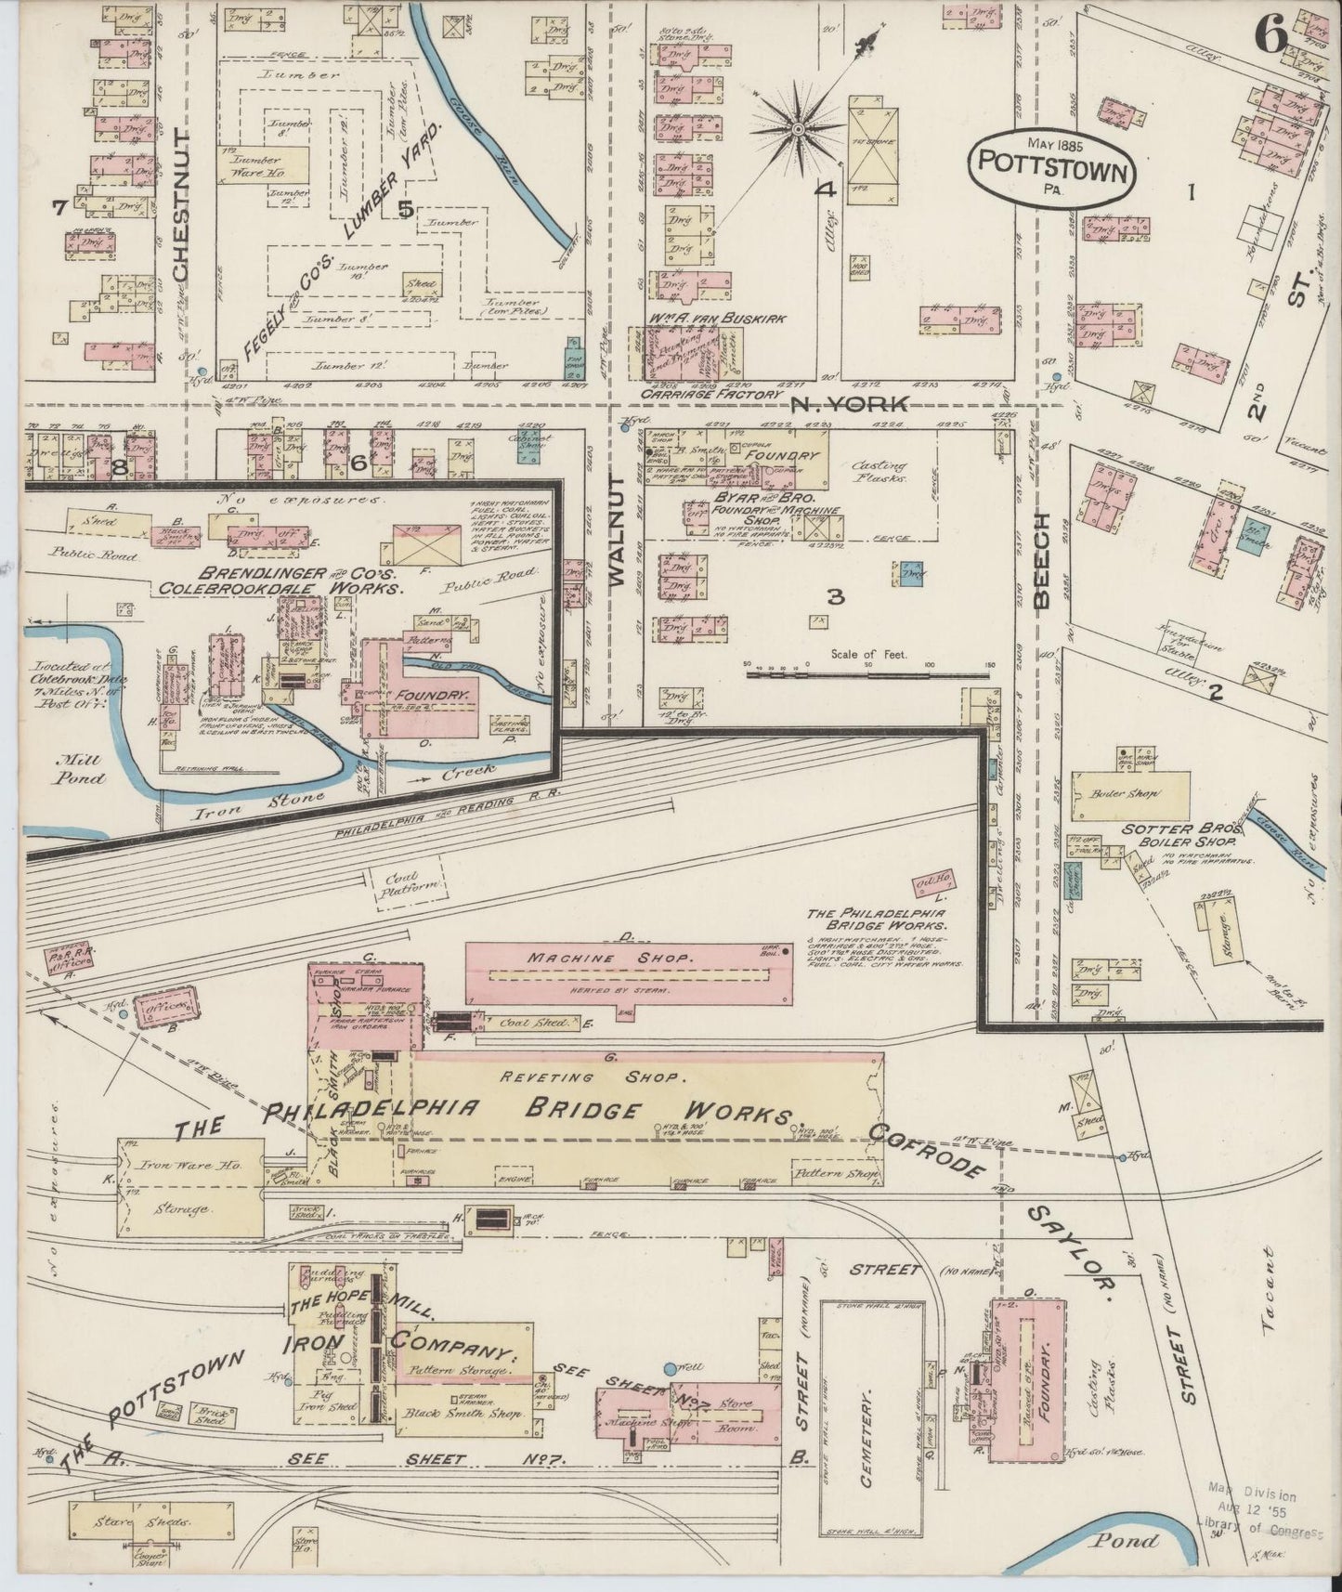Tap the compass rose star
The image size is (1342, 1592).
796,132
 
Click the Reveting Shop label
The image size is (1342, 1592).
593,1078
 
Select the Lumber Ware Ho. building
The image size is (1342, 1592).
264,165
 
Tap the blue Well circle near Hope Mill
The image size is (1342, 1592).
671,1369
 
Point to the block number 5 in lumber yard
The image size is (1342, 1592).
406,210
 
